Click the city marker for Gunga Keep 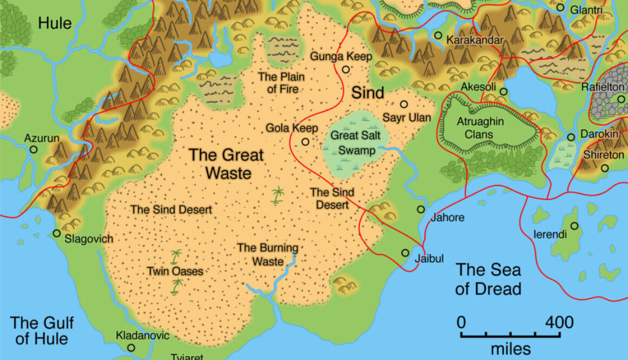click(345, 69)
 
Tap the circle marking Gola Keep click(305, 142)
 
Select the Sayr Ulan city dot click(404, 104)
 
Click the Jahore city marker click(421, 209)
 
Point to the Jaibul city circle click(405, 253)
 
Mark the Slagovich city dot click(57, 233)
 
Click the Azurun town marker click(34, 149)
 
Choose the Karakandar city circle click(437, 35)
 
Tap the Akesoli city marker click(503, 91)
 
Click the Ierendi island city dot click(574, 226)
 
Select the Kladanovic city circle click(131, 348)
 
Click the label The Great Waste click(226, 163)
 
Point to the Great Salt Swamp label click(352, 142)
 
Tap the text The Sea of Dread click(488, 279)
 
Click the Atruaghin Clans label click(480, 126)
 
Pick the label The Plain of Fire click(282, 83)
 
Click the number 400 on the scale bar click(559, 323)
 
